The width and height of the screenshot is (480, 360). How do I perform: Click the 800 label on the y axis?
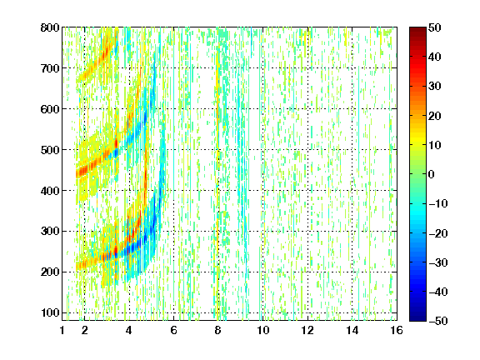50,27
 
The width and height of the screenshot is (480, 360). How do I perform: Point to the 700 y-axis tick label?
50,68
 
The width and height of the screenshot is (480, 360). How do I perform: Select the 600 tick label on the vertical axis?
50,109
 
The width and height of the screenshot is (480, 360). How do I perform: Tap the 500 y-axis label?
50,150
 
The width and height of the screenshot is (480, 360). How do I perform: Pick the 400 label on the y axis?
50,191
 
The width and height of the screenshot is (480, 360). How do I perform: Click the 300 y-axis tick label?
50,231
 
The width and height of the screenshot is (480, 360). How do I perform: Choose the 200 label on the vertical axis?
50,272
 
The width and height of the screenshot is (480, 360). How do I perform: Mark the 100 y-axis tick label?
50,312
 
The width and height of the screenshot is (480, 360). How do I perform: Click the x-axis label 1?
62,330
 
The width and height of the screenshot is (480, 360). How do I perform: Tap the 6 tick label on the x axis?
173,330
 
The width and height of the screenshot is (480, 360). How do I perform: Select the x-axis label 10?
262,330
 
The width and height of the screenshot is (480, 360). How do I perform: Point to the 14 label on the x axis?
352,330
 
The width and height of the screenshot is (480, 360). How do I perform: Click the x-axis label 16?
397,330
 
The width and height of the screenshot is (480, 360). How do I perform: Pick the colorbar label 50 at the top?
435,27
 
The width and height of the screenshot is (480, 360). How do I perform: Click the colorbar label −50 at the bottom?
438,321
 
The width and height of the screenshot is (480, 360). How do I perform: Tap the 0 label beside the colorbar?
432,174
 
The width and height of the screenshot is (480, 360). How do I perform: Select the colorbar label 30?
435,86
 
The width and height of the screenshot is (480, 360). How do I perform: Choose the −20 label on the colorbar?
438,233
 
